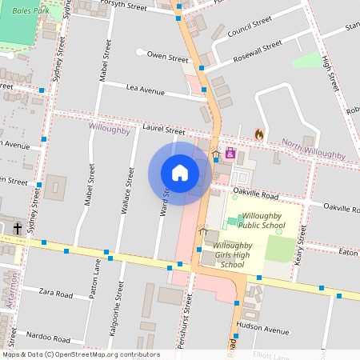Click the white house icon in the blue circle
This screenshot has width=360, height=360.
179,173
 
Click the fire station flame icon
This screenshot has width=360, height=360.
258,134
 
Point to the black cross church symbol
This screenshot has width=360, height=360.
17,229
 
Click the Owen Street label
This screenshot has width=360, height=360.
167,58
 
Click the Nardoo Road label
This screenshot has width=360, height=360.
48,338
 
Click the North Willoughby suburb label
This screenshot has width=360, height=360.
313,149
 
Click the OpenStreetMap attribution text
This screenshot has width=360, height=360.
80,354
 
